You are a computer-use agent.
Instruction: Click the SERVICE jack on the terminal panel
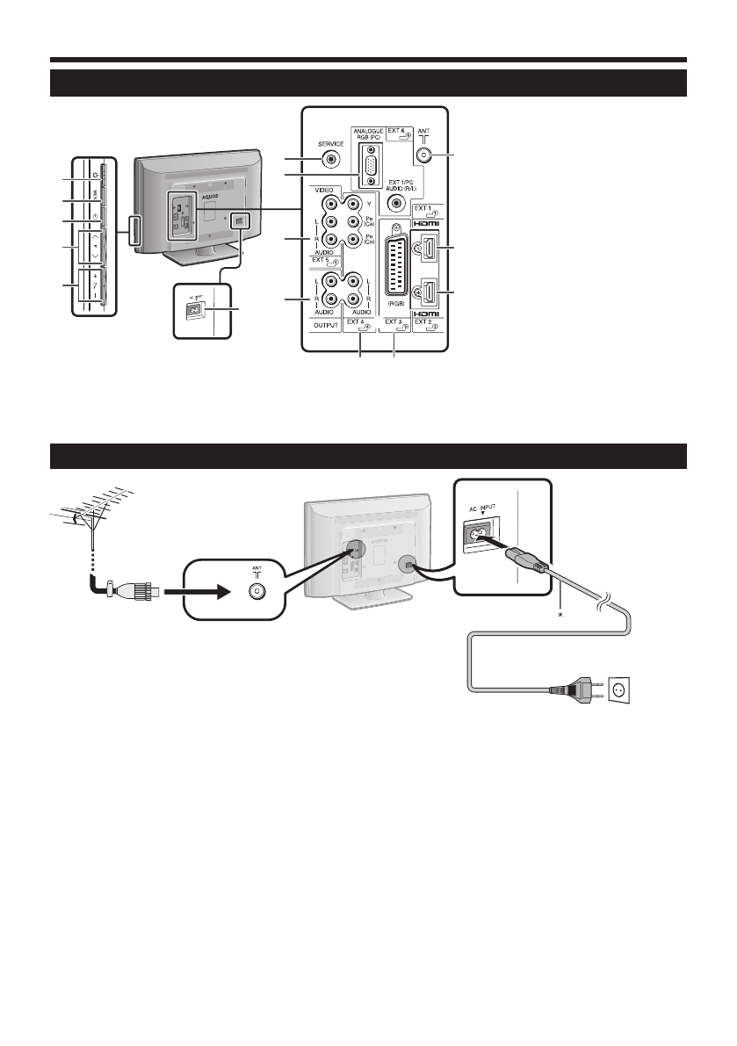pyautogui.click(x=330, y=159)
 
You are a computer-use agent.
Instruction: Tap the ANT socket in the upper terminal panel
pyautogui.click(x=424, y=155)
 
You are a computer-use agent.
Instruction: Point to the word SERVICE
pyautogui.click(x=331, y=143)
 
